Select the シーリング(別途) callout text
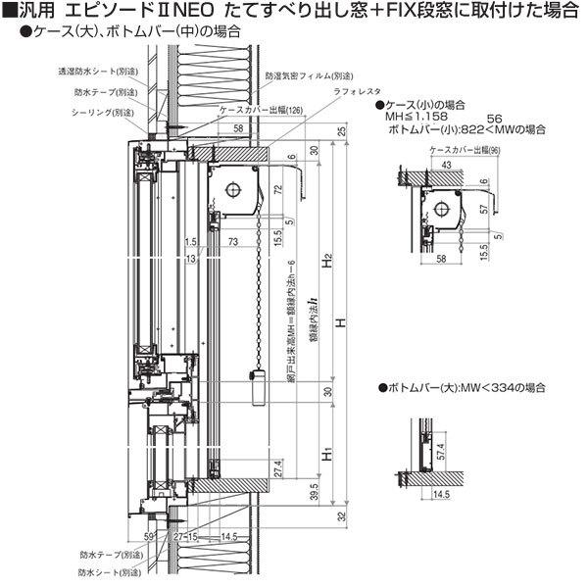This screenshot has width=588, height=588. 103,111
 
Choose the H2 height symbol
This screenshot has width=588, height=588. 329,261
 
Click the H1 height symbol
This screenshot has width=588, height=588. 329,455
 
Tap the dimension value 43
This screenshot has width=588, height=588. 447,166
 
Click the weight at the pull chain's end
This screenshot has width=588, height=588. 261,389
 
